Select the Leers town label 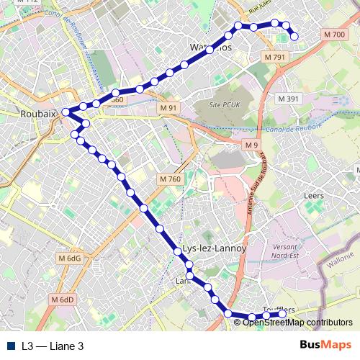pos(314,195)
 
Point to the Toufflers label pos(279,310)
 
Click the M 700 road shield pos(334,35)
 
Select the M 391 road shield pos(287,99)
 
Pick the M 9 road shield pos(250,145)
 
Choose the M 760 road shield pos(169,179)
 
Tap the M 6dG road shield pos(71,258)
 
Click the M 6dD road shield pos(63,300)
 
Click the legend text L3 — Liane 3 pos(53,346)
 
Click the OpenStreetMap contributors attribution pos(297,323)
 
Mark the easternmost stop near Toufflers pos(282,314)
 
